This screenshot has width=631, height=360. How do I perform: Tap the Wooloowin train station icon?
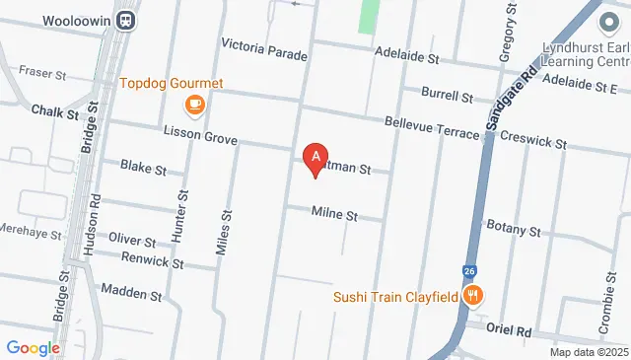click(126, 19)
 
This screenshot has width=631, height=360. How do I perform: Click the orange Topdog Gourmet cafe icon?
click(195, 104)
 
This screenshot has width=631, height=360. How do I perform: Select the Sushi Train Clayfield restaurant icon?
click(474, 295)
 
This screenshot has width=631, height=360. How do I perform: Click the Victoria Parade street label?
click(264, 45)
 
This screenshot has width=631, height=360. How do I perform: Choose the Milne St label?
click(333, 214)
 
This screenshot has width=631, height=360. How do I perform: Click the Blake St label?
click(143, 168)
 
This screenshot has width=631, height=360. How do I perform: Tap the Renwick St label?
click(152, 263)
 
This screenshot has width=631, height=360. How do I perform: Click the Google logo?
click(33, 347)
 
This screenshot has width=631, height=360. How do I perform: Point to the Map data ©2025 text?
click(589, 352)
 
